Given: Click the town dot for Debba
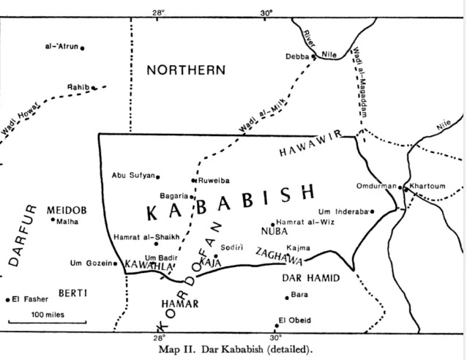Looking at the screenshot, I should [314, 56].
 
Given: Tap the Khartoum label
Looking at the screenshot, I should [428, 186].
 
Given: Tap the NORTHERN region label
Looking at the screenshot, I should [185, 70].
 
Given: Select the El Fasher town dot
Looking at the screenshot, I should [8, 299].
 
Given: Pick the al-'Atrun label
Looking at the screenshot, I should [61, 47].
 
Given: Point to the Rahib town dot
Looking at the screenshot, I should [94, 88].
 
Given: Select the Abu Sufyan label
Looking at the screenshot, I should [132, 175].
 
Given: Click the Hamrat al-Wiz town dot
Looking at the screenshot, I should [273, 225].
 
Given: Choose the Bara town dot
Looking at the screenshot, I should [287, 297].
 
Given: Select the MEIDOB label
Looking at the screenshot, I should [67, 210].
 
